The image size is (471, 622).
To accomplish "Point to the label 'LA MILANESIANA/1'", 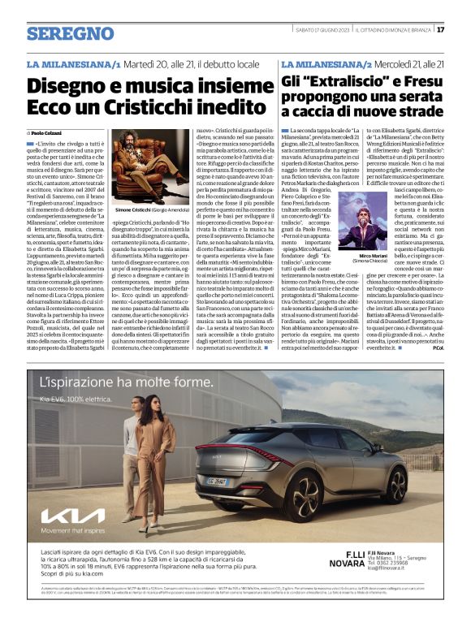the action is tap(74, 63).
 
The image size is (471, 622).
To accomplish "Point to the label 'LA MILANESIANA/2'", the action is tap(326, 63).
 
